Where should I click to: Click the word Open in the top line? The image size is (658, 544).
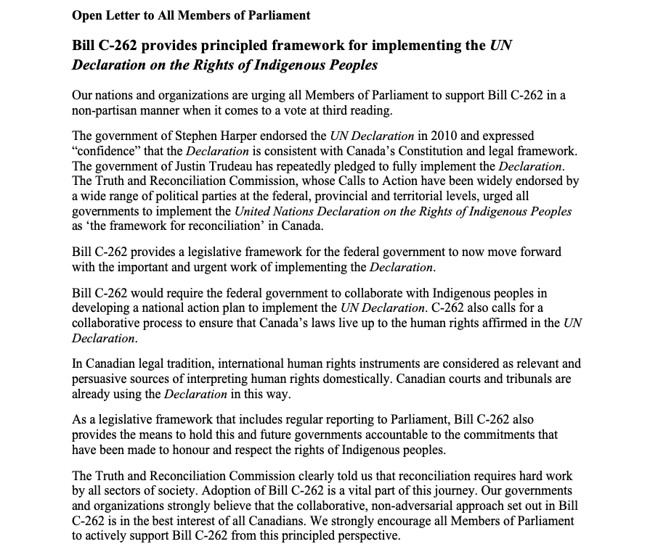click(x=86, y=15)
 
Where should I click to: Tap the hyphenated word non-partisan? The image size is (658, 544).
click(x=107, y=111)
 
